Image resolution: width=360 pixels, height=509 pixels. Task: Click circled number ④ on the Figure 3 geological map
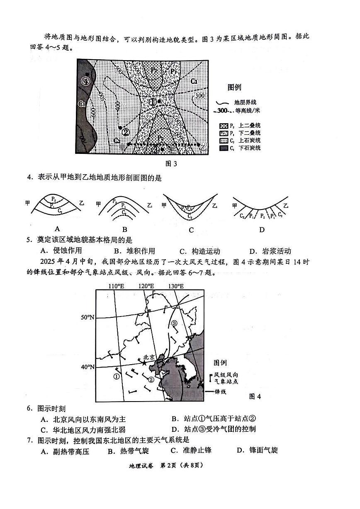86,81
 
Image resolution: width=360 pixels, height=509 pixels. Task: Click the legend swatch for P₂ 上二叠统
224,126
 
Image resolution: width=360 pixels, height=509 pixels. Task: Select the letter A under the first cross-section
57,229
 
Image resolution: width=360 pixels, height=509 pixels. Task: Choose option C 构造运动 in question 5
199,251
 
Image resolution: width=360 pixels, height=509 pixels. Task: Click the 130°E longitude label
176,286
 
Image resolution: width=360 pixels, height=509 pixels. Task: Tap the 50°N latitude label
88,317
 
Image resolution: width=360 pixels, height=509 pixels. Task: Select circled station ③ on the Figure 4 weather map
174,323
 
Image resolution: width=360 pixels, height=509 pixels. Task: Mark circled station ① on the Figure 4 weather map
116,377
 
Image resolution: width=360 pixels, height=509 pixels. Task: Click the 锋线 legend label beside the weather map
220,392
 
